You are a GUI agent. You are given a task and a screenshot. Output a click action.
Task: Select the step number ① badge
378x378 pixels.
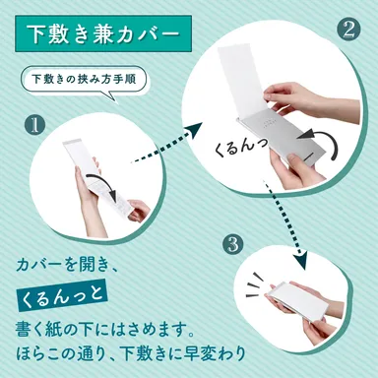(35, 126)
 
